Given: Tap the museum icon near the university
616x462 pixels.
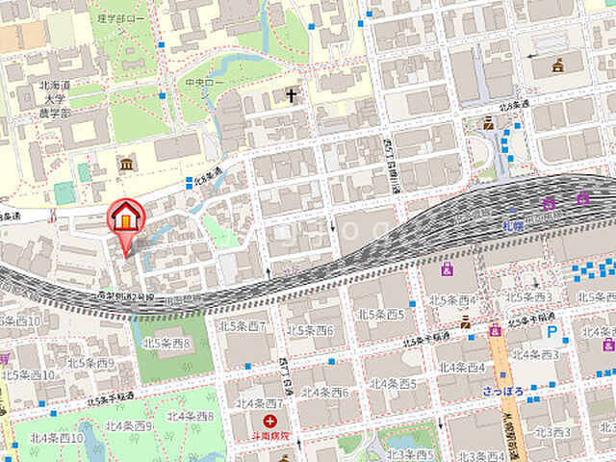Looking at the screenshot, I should (126, 165).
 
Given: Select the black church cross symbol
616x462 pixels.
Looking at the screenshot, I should (292, 95).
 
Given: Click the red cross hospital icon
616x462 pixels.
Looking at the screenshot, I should (270, 421).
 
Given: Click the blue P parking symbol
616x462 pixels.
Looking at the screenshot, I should (552, 331).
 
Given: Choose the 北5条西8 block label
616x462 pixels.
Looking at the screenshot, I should (167, 343).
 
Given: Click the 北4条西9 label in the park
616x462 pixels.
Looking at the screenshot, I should (129, 424).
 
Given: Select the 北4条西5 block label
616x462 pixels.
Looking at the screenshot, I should (393, 383).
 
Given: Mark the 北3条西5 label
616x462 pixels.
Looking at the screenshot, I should (405, 454).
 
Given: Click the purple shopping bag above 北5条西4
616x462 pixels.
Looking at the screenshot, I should (447, 271).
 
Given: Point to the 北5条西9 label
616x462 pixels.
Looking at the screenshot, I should (90, 364).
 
